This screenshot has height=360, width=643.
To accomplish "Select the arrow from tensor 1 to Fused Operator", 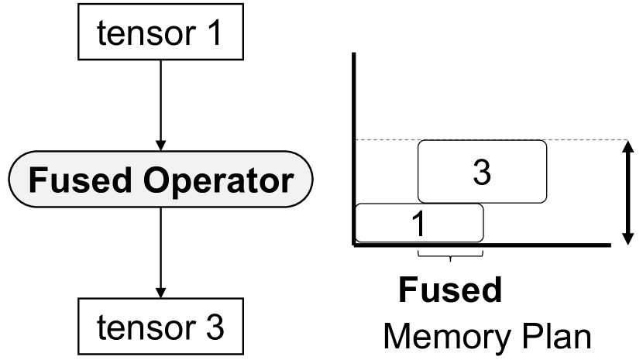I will click(160, 101).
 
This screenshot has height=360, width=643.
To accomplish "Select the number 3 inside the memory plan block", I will click(482, 172).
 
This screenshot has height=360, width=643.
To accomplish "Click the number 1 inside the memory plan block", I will click(417, 225).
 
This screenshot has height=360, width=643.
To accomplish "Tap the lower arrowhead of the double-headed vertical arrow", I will click(626, 237).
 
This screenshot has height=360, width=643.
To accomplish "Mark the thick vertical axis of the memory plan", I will click(355, 147).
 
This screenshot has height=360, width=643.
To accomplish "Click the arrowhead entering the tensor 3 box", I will click(160, 297).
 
